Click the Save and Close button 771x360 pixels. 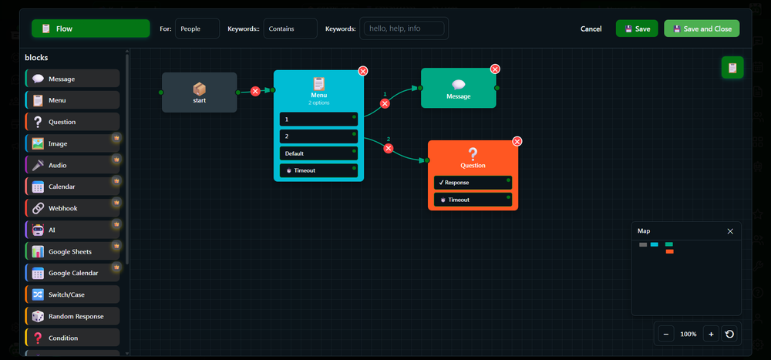coord(702,29)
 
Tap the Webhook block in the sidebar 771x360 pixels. coord(72,208)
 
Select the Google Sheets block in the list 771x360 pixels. coord(72,251)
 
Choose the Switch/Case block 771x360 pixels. coord(72,294)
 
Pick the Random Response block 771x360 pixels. coord(72,316)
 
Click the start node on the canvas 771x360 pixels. coord(199,93)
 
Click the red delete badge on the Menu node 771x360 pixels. coord(363,71)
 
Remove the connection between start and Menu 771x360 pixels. coord(255,91)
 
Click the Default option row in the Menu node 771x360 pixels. coord(318,153)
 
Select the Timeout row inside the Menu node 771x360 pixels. coord(318,170)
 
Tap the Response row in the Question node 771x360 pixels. coord(473,183)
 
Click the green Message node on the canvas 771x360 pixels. coord(458,88)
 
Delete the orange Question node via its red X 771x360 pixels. coord(517,142)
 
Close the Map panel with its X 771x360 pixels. coord(730,231)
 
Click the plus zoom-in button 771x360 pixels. coord(711,334)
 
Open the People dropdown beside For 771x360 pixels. coord(197,29)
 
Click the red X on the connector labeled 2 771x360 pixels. coord(389,149)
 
